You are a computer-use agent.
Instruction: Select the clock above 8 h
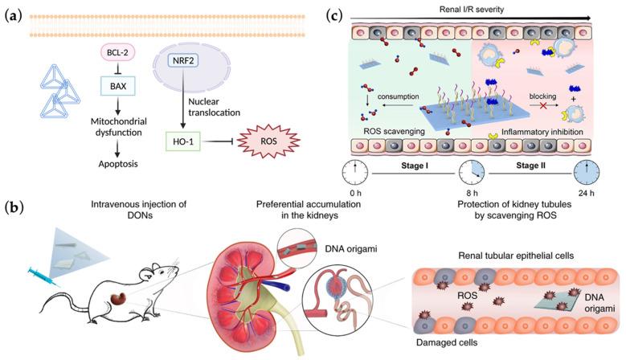(472, 173)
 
